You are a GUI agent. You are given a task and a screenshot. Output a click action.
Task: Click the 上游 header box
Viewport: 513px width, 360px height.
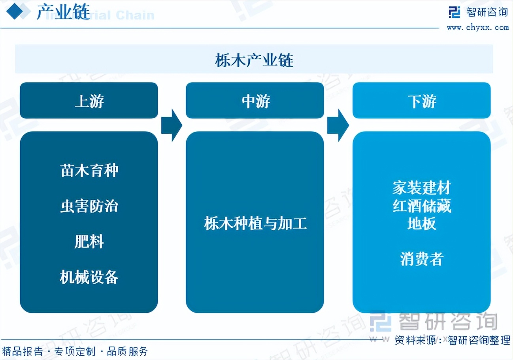click(x=89, y=101)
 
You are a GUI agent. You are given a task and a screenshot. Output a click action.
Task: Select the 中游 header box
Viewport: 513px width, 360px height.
click(x=255, y=101)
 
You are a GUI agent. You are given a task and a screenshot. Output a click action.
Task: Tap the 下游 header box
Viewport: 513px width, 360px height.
click(x=422, y=101)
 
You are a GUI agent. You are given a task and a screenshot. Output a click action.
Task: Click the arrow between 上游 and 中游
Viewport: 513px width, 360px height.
click(x=172, y=125)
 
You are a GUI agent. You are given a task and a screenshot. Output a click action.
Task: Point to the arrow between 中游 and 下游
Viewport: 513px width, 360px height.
click(x=338, y=125)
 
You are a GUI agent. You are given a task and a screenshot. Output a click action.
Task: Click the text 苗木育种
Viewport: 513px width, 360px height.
click(x=89, y=171)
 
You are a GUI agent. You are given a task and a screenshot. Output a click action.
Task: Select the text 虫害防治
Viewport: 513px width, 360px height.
click(x=89, y=206)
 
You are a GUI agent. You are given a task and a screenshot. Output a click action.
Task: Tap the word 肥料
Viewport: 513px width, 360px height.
click(x=89, y=241)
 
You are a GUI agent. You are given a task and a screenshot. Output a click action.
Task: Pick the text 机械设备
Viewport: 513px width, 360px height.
click(x=89, y=277)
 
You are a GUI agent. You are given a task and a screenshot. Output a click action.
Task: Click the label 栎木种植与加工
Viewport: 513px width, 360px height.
click(x=255, y=224)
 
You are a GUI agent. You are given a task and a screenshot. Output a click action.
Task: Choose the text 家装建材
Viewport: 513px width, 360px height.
click(x=422, y=188)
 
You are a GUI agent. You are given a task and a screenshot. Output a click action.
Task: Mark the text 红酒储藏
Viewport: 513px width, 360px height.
click(x=422, y=206)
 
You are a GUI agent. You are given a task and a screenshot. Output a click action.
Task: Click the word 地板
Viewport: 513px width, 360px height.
click(x=422, y=224)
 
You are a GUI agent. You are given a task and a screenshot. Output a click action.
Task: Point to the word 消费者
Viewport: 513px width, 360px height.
click(x=422, y=259)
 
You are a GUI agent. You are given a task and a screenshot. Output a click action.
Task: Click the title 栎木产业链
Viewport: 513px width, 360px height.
click(x=254, y=61)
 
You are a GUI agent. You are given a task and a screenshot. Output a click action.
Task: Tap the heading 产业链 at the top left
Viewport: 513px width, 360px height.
click(x=63, y=13)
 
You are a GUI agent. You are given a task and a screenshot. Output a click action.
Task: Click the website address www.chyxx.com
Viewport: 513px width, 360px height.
click(x=477, y=27)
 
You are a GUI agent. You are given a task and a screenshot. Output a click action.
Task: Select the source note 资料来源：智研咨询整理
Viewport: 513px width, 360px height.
click(x=452, y=339)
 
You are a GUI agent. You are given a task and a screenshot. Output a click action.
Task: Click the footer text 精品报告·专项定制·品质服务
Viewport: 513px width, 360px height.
click(x=75, y=351)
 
